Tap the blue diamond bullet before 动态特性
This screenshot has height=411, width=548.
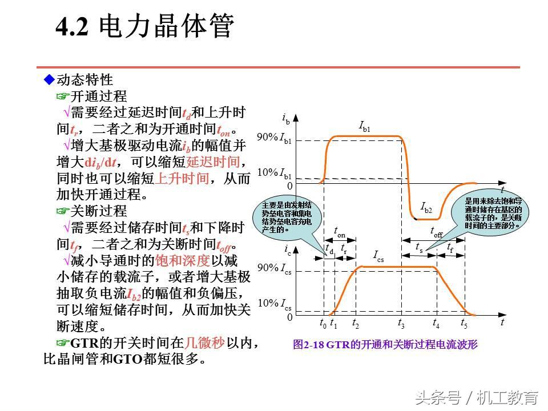(x=49, y=79)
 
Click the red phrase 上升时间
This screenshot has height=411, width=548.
(x=183, y=178)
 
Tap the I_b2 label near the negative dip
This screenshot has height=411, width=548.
(x=426, y=208)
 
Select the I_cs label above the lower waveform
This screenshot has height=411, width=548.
(x=378, y=256)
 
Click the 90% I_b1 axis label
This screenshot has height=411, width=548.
(x=275, y=138)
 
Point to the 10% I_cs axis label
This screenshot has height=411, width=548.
(x=275, y=304)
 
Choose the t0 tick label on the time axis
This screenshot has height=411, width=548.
(x=323, y=324)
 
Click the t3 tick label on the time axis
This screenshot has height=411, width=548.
(x=401, y=324)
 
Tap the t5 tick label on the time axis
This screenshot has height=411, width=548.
(x=464, y=324)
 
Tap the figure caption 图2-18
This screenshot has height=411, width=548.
(x=385, y=344)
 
